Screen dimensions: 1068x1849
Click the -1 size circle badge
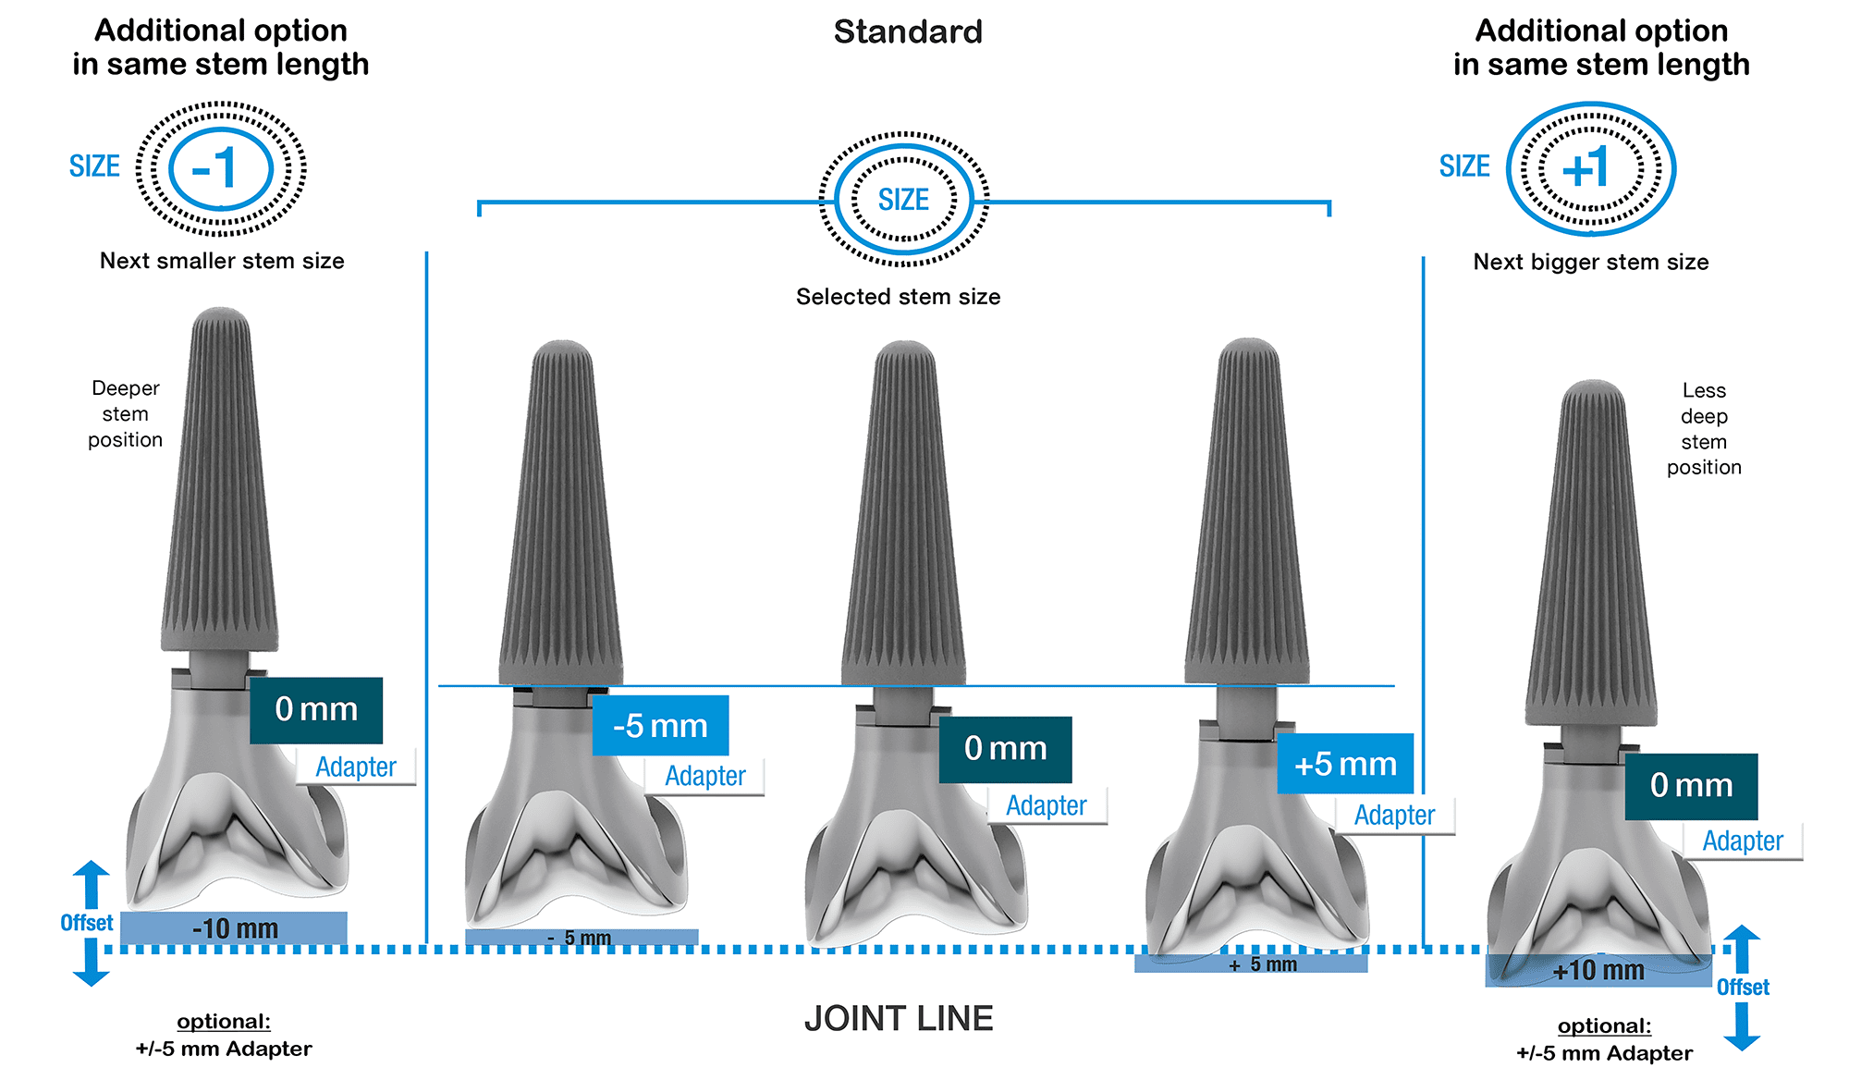(221, 168)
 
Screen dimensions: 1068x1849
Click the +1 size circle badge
(1590, 168)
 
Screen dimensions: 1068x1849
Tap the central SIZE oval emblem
(903, 199)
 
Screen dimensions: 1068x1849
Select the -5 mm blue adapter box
(660, 726)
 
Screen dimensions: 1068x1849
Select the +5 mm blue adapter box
(1345, 764)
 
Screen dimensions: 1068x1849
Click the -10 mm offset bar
(234, 927)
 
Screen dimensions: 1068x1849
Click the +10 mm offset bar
(1598, 970)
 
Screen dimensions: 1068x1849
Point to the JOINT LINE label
(899, 1018)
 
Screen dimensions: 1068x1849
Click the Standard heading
(908, 32)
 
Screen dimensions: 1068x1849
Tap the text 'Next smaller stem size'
(222, 261)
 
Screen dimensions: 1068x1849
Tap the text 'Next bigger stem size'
(1590, 262)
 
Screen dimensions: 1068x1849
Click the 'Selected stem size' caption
(898, 297)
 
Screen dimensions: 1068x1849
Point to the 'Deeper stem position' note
(125, 413)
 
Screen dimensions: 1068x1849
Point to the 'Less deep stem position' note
(1704, 428)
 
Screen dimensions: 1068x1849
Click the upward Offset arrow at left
(92, 883)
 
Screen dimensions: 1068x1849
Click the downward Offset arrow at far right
(1742, 1028)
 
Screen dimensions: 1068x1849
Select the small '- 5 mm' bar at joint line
(581, 938)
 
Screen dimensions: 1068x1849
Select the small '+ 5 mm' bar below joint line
(1251, 964)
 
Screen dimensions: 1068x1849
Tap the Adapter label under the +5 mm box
(1394, 815)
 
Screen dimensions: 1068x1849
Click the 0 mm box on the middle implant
(1005, 749)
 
